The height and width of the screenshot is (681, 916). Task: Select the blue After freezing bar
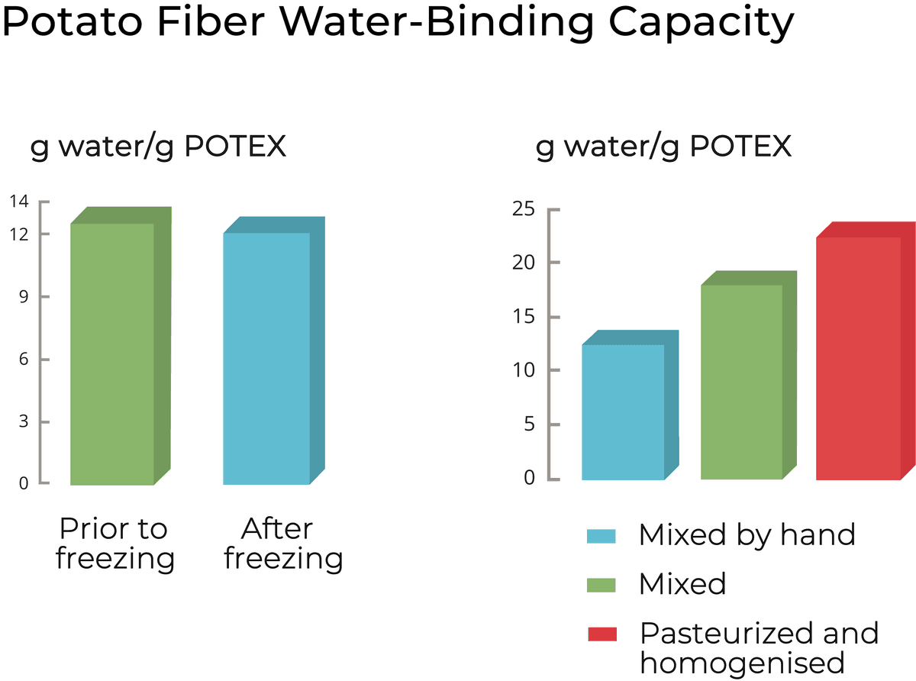click(266, 358)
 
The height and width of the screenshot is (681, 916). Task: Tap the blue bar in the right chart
click(623, 412)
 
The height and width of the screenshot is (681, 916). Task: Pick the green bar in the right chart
click(741, 382)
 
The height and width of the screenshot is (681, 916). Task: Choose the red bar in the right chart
click(858, 358)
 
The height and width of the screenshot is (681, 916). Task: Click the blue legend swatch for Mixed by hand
click(602, 535)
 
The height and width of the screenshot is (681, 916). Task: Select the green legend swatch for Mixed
click(602, 585)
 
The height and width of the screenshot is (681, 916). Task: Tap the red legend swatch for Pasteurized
click(602, 634)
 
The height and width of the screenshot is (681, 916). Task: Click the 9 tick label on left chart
click(24, 296)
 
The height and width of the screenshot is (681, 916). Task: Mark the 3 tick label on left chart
click(24, 421)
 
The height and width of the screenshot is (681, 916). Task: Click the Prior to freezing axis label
click(114, 544)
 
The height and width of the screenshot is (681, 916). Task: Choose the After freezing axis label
click(283, 544)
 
